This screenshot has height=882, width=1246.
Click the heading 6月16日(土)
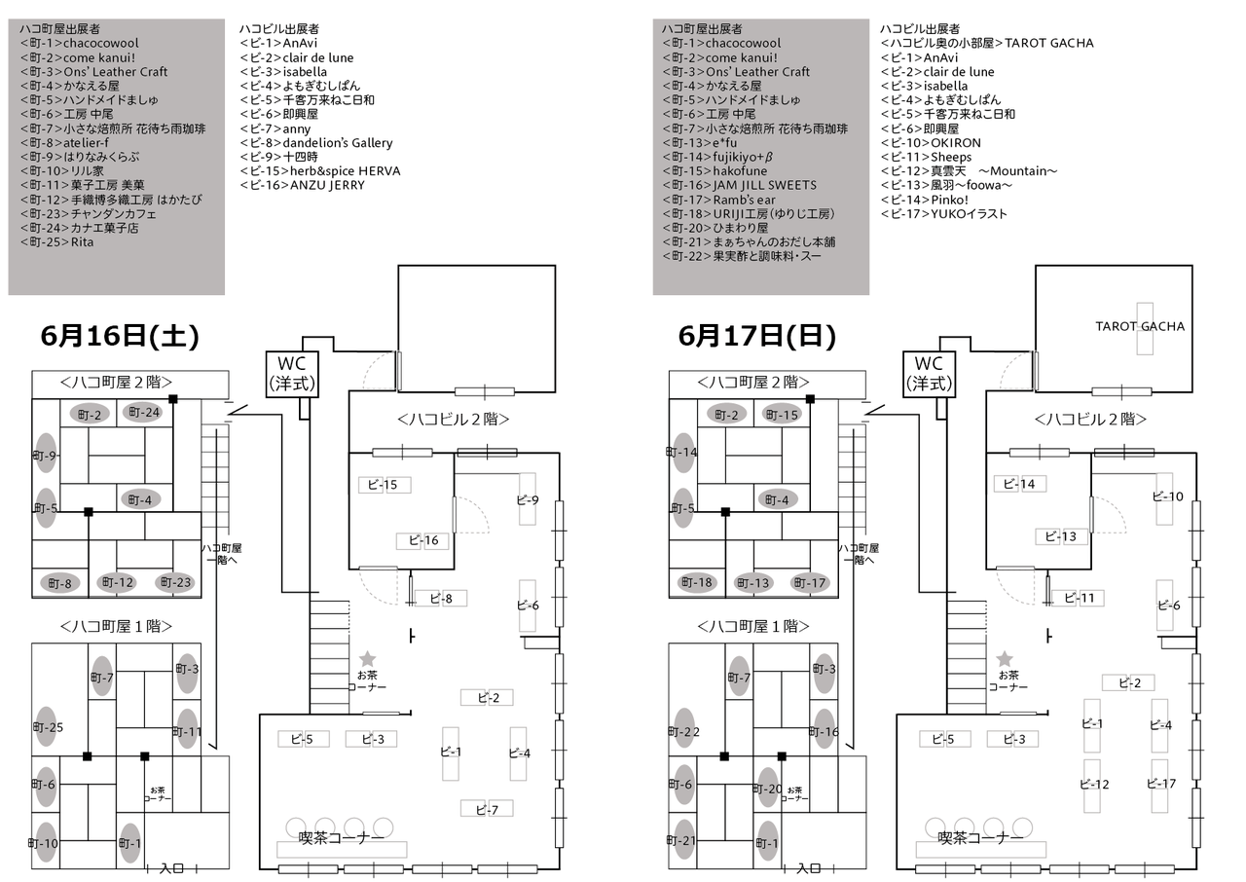click(x=120, y=336)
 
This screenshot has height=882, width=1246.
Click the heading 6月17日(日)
click(x=756, y=336)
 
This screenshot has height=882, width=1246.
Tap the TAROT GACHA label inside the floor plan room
click(x=1140, y=326)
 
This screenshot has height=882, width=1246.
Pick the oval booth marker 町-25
click(x=47, y=727)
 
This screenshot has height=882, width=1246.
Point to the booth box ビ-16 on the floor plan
click(x=422, y=540)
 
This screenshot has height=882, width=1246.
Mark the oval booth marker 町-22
click(x=684, y=731)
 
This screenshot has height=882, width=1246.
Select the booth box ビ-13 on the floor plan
click(x=1060, y=536)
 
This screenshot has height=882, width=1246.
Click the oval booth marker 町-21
click(x=684, y=840)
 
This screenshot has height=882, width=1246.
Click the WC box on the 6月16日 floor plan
click(x=293, y=374)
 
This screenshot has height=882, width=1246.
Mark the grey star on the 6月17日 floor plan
click(x=1005, y=659)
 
